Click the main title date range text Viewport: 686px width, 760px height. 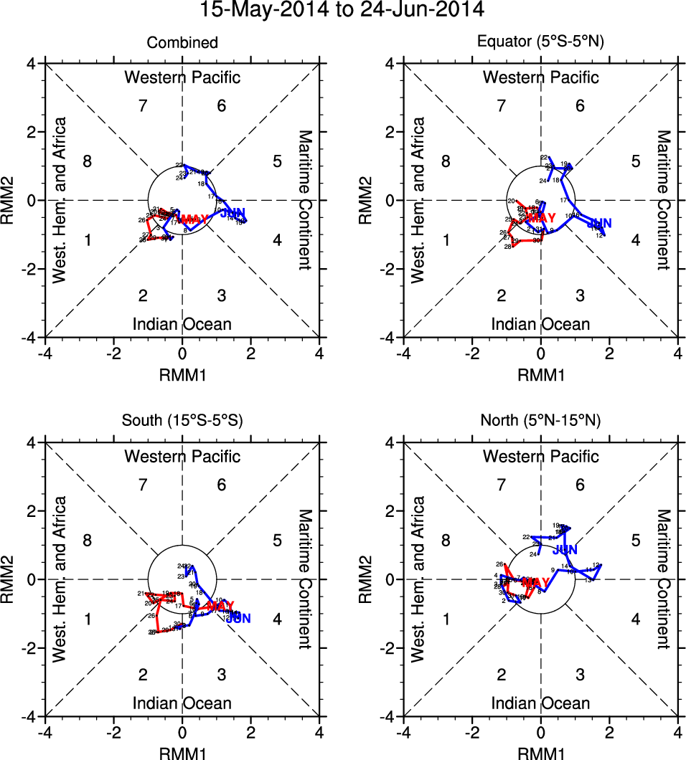pyautogui.click(x=342, y=10)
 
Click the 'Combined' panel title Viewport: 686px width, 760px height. pyautogui.click(x=182, y=43)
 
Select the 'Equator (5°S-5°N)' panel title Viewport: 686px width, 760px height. pyautogui.click(x=541, y=43)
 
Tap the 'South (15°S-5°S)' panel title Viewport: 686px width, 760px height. pyautogui.click(x=182, y=422)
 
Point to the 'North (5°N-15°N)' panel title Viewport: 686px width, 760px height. pyautogui.click(x=541, y=422)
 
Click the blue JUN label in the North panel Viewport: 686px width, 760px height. pyautogui.click(x=565, y=550)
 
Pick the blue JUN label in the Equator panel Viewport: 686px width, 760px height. pyautogui.click(x=599, y=224)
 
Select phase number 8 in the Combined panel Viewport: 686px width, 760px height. pyautogui.click(x=88, y=161)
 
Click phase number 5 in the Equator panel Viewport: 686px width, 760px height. pyautogui.click(x=636, y=161)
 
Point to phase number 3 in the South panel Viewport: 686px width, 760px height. pyautogui.click(x=222, y=675)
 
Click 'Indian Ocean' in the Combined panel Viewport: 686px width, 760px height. pyautogui.click(x=182, y=324)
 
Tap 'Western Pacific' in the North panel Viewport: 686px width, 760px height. pyautogui.click(x=541, y=456)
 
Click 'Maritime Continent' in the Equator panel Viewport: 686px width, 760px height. pyautogui.click(x=664, y=200)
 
